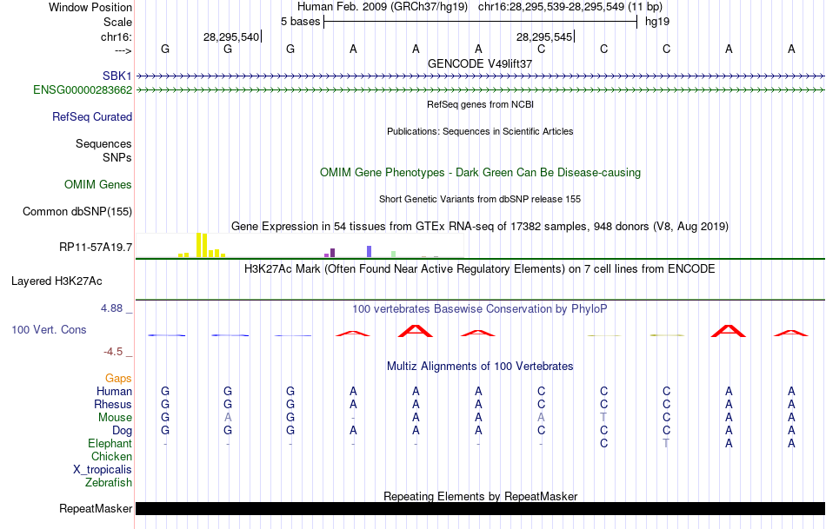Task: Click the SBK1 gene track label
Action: pos(117,76)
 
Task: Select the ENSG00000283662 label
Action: pos(83,89)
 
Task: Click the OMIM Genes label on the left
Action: pos(98,184)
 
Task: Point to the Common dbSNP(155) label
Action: pos(77,211)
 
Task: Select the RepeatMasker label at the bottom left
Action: pos(96,508)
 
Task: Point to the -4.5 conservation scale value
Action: pos(117,352)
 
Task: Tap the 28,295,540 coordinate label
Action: pos(230,36)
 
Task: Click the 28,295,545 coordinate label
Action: pos(543,36)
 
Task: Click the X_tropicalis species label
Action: pos(103,469)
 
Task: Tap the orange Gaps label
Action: pos(118,378)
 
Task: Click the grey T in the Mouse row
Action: pos(603,417)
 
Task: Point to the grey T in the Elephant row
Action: pos(666,443)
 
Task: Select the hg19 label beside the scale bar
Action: pos(656,21)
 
